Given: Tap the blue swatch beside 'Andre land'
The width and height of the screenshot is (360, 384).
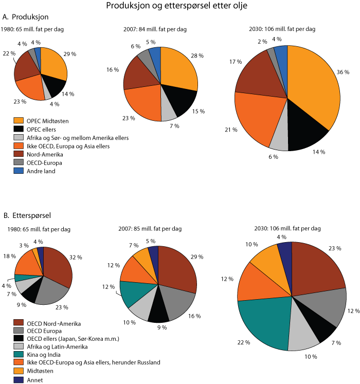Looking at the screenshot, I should point(18,171).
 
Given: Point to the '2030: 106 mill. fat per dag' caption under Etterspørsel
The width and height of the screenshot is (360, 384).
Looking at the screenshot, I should point(292,228).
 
